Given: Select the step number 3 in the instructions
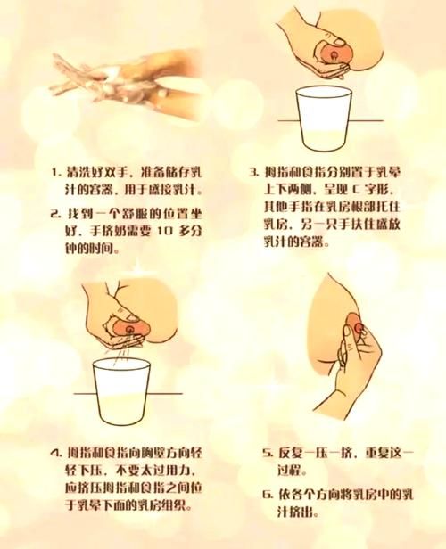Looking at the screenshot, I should (252, 171).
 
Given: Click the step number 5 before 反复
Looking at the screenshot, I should (266, 453).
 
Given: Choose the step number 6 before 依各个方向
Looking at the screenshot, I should (266, 493).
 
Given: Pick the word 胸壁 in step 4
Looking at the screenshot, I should (159, 452).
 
